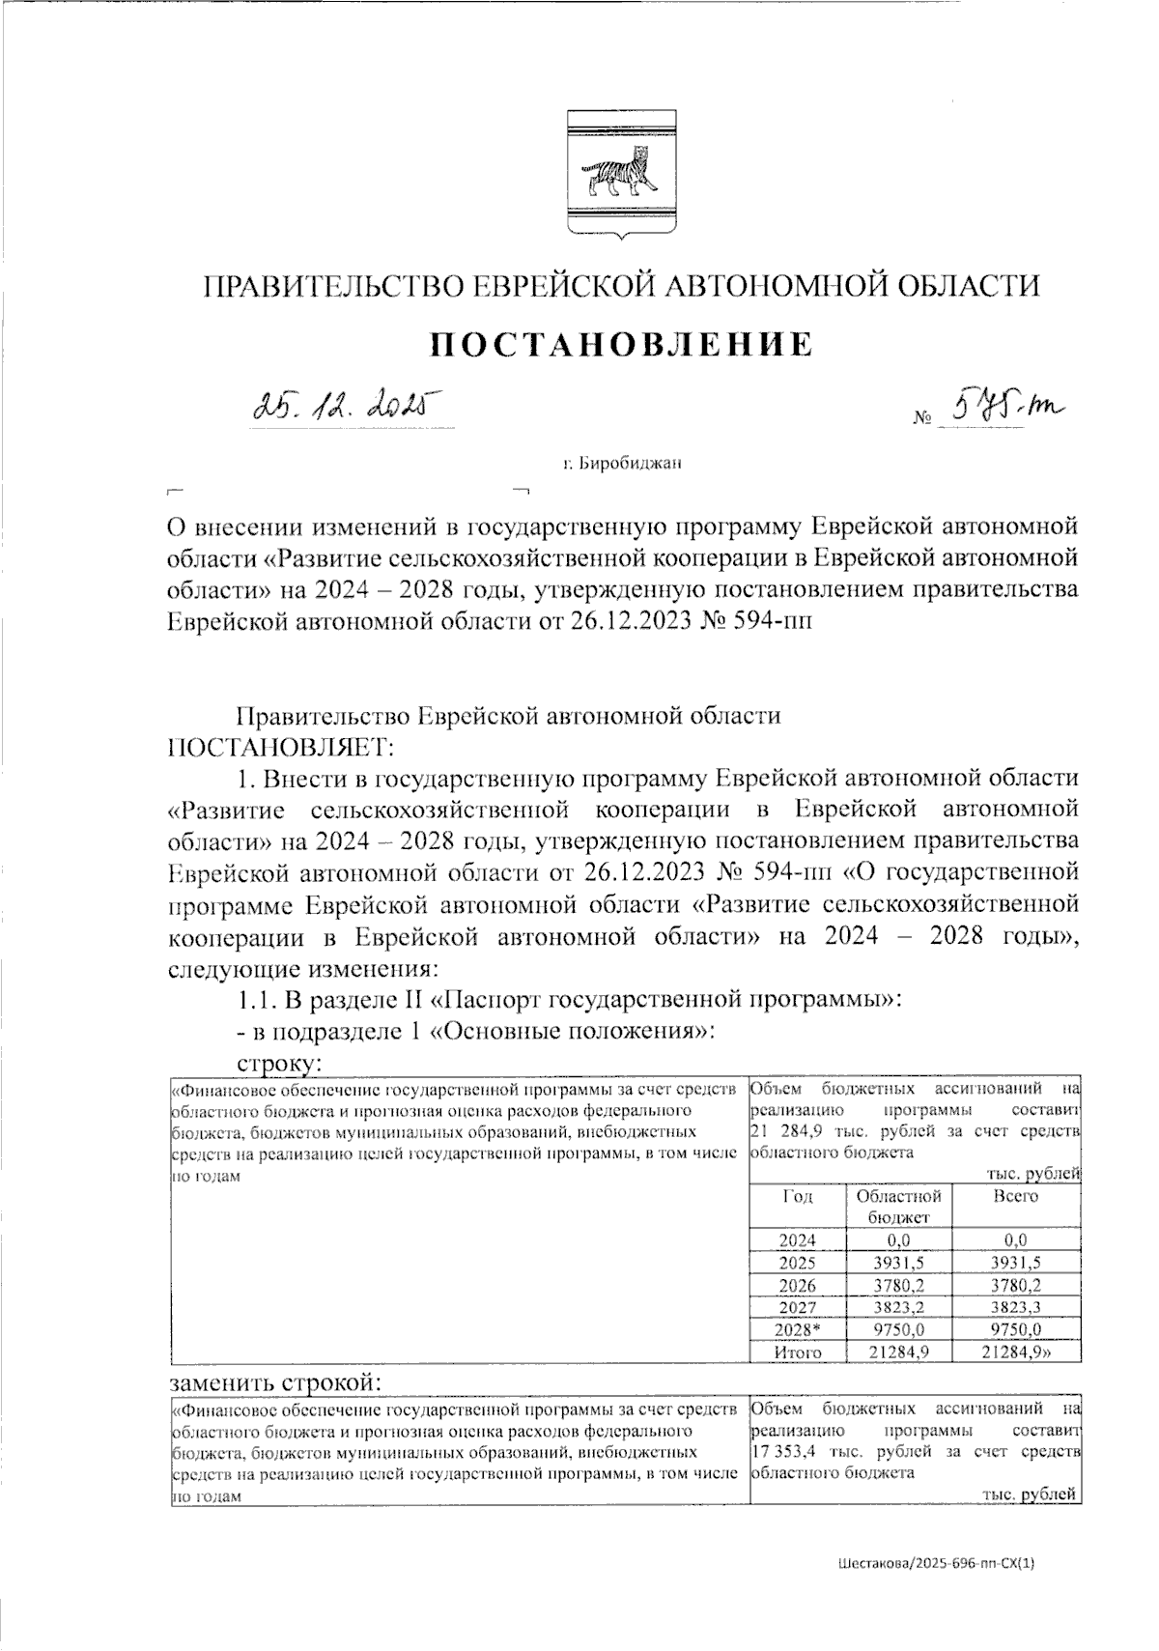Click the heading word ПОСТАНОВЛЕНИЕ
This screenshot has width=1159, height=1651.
coord(620,344)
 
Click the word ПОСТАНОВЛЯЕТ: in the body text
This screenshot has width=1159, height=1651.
coord(280,747)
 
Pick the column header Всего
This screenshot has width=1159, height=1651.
coord(1015,1196)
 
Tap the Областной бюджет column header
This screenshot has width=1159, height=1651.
coord(898,1205)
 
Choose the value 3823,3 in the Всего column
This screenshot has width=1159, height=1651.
coord(1015,1308)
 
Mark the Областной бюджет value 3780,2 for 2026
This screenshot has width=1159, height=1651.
coord(898,1286)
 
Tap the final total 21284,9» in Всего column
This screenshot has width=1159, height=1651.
coord(1016,1352)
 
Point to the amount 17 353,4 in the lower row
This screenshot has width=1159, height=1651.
coord(779,1451)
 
